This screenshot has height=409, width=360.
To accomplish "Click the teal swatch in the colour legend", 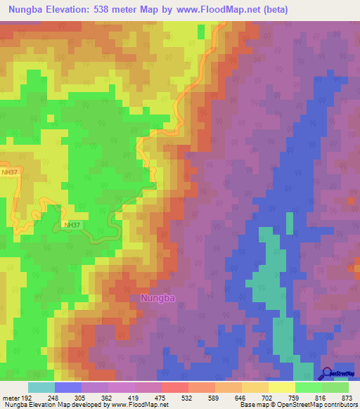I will click(41, 387).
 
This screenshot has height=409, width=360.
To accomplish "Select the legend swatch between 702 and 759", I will click(281, 387).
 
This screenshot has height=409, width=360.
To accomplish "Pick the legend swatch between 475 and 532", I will click(174, 387).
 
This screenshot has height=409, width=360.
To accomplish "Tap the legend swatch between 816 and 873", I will click(335, 387).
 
